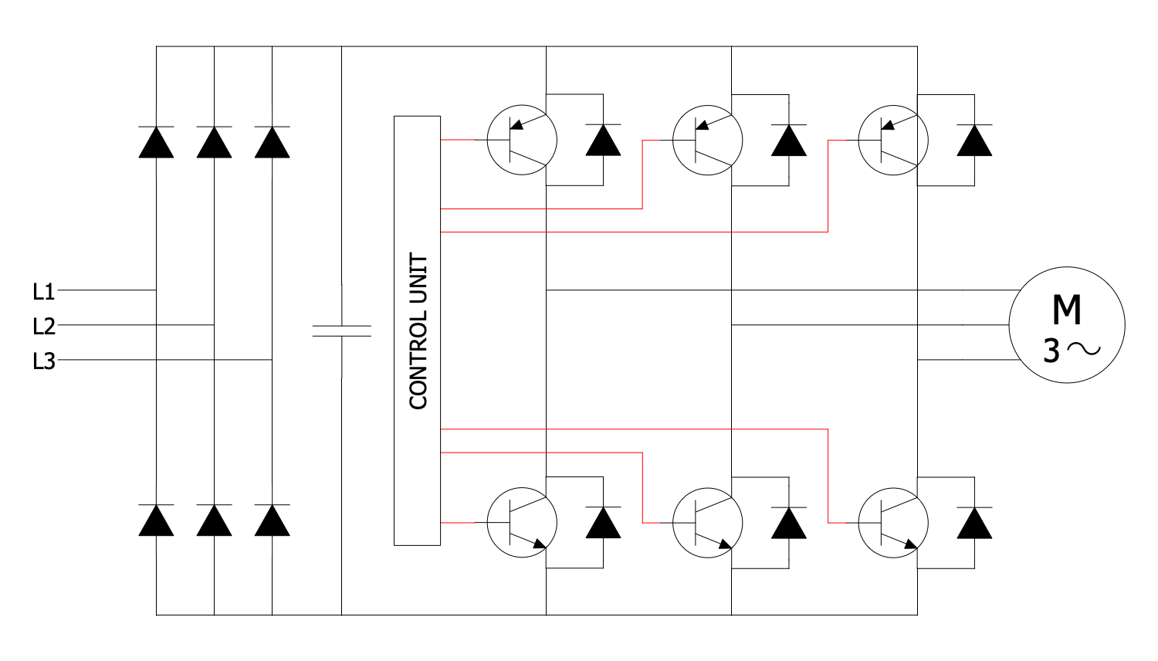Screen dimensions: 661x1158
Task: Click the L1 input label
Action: [43, 292]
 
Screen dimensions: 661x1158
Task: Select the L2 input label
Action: [43, 327]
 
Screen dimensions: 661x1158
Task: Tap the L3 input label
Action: [43, 361]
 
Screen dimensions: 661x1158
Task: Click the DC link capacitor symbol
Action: [341, 330]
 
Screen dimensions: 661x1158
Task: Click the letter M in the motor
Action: [1066, 310]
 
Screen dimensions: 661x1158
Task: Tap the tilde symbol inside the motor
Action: [1084, 350]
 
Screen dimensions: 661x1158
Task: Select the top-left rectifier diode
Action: [156, 142]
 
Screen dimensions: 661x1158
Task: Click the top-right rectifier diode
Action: [272, 142]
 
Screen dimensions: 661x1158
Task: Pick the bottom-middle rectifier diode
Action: [214, 520]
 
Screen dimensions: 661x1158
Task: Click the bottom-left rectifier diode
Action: [156, 520]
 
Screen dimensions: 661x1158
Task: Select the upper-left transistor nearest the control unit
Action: [522, 140]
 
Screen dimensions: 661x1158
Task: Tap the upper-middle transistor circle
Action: [707, 140]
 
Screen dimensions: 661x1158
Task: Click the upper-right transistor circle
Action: [892, 140]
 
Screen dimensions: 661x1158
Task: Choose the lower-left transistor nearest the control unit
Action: [522, 522]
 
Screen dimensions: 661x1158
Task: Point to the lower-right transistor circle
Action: [892, 522]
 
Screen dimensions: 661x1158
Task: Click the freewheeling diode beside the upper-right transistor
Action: [974, 140]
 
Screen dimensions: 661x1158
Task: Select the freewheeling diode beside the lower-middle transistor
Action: [789, 523]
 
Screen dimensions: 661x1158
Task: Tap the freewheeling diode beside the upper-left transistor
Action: [603, 140]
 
